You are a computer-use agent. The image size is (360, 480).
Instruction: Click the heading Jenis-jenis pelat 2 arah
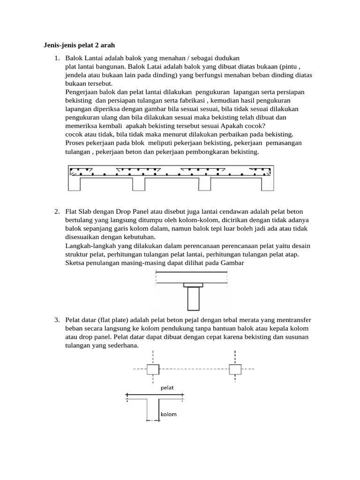[x=76, y=45]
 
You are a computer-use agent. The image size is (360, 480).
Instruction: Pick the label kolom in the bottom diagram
[x=168, y=414]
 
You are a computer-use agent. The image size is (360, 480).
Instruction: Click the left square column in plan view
[x=153, y=369]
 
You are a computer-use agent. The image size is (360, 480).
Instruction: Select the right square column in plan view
[x=235, y=369]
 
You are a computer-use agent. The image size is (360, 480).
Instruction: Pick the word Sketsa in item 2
[x=75, y=262]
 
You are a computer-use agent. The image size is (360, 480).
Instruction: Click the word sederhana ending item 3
[x=123, y=345]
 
